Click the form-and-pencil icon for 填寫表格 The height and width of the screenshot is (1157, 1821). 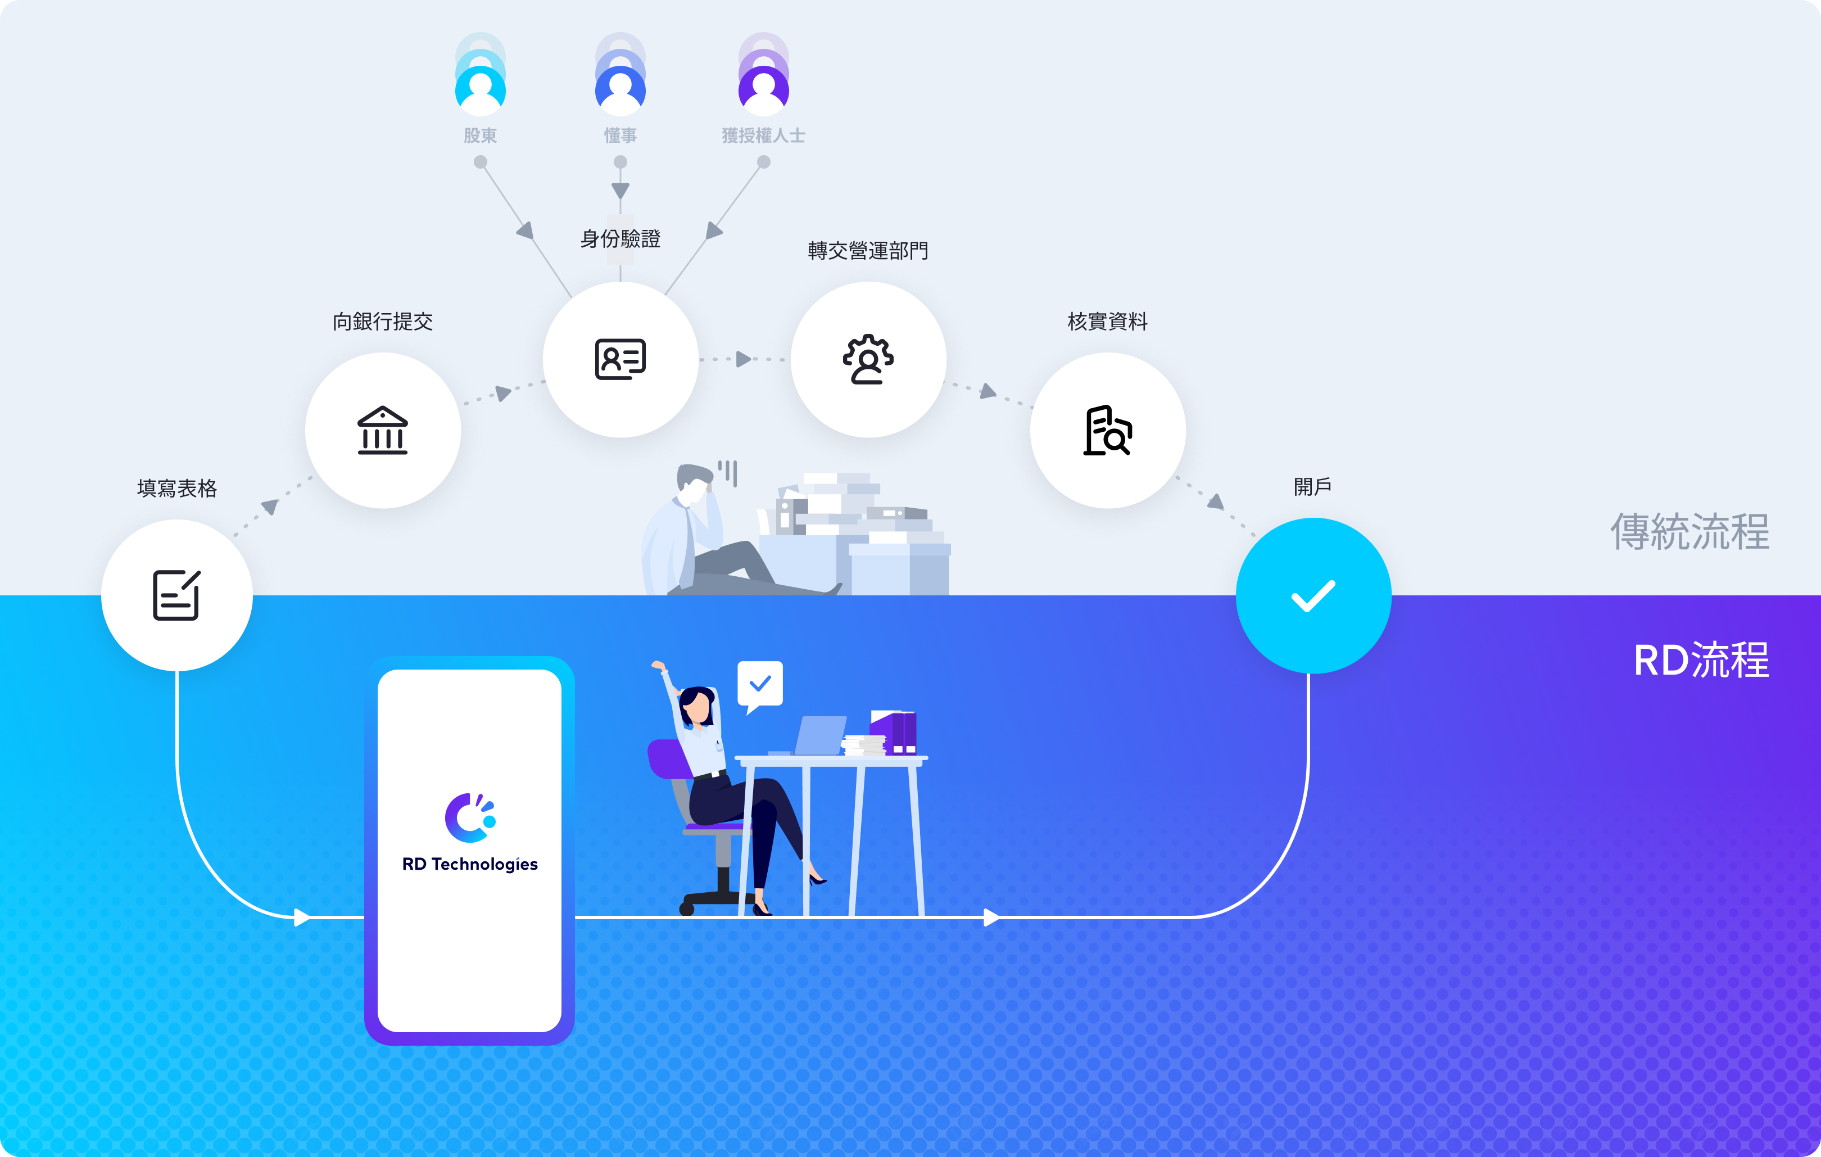click(177, 595)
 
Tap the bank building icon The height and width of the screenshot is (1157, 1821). click(383, 430)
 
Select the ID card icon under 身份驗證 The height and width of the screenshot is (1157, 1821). click(620, 359)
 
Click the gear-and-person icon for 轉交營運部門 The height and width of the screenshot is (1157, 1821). click(868, 359)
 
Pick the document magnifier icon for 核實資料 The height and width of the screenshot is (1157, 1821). click(1108, 430)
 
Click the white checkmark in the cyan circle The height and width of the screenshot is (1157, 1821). click(1313, 596)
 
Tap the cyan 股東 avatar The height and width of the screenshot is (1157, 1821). click(480, 90)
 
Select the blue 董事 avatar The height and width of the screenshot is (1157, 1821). click(620, 90)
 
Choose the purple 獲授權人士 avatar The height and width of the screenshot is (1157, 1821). click(764, 90)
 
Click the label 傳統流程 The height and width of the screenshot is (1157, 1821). click(1689, 532)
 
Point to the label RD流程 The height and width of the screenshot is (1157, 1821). click(1701, 660)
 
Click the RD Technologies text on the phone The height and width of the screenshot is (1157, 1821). click(470, 864)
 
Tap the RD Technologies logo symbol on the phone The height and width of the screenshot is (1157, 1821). click(470, 817)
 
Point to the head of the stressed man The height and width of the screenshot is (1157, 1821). click(694, 485)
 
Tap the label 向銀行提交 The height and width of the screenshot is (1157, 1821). click(383, 322)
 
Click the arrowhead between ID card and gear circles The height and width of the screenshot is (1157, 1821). click(744, 359)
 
